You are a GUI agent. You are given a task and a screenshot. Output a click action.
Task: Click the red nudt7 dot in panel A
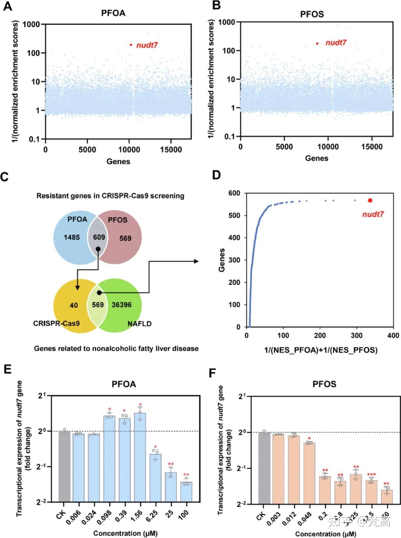[131, 45]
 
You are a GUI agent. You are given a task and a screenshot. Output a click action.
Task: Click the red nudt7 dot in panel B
[317, 43]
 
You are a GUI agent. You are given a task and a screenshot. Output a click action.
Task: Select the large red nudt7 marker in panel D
[370, 200]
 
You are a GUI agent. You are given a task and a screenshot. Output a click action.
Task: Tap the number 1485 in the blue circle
[72, 237]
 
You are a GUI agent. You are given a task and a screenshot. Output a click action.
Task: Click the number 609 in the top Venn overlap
[99, 237]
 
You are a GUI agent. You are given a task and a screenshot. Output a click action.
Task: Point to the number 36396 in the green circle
[121, 305]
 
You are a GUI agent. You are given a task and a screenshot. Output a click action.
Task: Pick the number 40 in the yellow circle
[74, 305]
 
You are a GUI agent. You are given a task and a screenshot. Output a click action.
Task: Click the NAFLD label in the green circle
[140, 324]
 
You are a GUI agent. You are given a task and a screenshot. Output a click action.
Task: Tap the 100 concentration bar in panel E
[186, 492]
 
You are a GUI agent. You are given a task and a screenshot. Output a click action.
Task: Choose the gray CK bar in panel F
[264, 468]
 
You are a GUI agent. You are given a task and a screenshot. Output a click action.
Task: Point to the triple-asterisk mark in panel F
[371, 475]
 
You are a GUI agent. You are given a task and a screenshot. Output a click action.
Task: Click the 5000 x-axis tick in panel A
[87, 150]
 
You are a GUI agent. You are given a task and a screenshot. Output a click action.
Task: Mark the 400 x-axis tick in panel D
[393, 336]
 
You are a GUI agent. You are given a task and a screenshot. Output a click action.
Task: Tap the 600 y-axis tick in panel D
[234, 193]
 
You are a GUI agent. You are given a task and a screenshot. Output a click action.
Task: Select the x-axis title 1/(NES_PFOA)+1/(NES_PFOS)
[320, 350]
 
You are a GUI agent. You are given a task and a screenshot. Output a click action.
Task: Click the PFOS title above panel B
[312, 14]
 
